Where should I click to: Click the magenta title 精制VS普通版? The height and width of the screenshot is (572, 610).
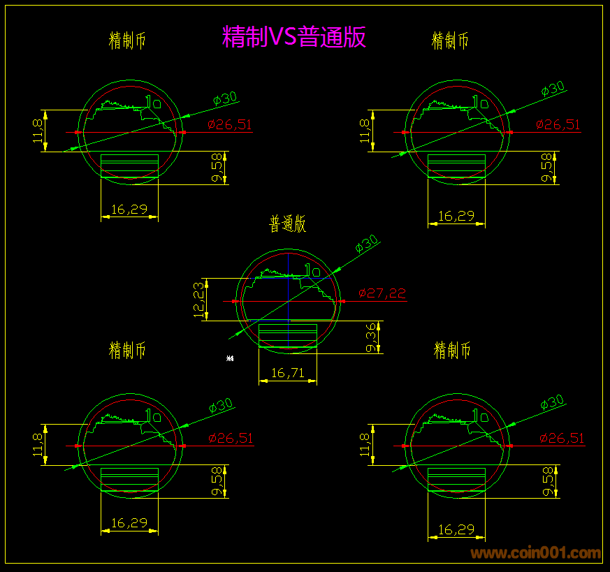(294, 36)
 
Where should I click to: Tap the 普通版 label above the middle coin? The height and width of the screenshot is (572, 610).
(288, 224)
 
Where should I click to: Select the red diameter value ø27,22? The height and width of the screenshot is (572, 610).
(382, 294)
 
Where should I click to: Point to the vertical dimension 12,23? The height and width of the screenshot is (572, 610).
(201, 300)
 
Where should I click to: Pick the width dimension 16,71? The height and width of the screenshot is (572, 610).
(287, 373)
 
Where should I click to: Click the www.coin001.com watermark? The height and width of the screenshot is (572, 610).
(536, 553)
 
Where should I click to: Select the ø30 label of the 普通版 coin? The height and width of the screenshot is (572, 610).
(366, 244)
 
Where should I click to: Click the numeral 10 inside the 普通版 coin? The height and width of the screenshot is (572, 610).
(313, 270)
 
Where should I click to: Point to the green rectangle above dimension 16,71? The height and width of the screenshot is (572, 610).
(288, 335)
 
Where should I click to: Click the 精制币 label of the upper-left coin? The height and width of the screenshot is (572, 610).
(128, 41)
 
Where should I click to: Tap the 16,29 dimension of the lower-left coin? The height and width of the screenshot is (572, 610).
(129, 522)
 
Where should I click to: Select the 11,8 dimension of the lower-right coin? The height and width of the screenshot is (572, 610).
(364, 445)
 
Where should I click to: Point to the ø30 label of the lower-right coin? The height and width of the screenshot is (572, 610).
(552, 402)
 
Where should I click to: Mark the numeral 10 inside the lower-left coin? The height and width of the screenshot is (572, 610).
(153, 416)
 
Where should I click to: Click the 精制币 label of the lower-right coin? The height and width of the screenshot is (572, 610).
(452, 350)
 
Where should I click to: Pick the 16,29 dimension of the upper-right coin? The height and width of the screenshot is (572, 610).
(456, 217)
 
